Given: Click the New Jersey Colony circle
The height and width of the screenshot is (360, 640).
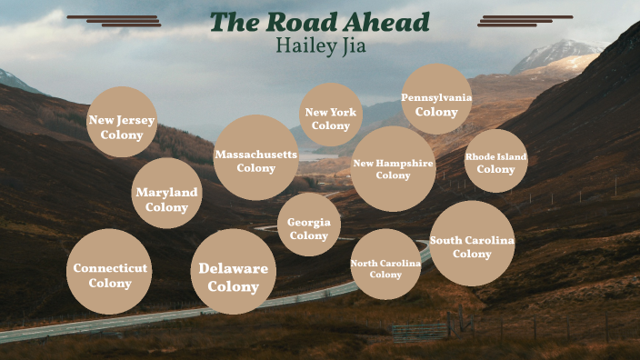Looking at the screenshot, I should [x=122, y=123].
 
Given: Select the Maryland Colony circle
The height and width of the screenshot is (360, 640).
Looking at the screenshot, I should [x=166, y=194].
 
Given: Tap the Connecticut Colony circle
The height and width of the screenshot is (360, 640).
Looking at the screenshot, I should [x=109, y=272].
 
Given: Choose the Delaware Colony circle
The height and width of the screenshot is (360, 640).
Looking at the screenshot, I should [x=234, y=272].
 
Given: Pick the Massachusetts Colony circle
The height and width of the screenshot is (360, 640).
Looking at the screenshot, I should [x=256, y=157].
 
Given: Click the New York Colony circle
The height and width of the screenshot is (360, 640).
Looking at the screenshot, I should [x=331, y=115].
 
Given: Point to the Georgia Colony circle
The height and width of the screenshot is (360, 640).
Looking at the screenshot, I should [x=309, y=225].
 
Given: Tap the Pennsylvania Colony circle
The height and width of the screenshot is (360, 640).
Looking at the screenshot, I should [x=436, y=99].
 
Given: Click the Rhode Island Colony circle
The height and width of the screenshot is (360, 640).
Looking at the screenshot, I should [x=495, y=161].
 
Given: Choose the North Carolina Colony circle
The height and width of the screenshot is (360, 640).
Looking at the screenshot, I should [x=385, y=265].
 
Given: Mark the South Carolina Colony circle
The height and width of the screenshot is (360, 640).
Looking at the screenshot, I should [x=472, y=244].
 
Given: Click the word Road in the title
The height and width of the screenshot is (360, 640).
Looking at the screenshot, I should [x=302, y=23].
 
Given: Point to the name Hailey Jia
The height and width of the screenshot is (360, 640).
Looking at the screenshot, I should [x=321, y=46].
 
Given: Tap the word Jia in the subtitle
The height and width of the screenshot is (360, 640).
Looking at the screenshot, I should [x=350, y=46].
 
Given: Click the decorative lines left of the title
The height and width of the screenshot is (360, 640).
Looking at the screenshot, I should [x=115, y=20].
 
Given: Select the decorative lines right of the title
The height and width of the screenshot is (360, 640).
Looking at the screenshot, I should [x=525, y=20].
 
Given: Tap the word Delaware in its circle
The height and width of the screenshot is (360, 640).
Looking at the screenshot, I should [x=234, y=268].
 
